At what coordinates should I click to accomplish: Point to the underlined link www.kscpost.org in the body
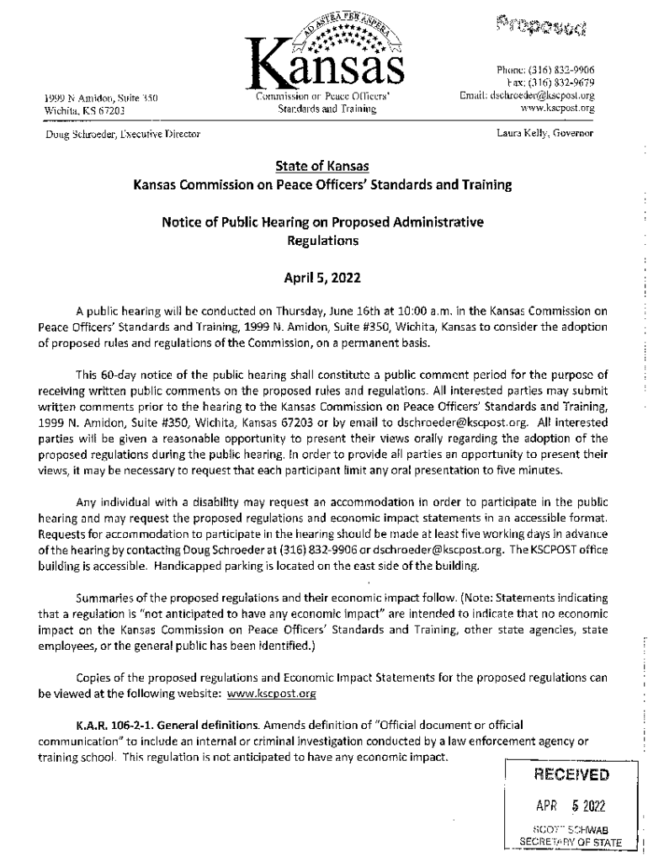(x=272, y=694)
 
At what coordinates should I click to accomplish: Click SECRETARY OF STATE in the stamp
(x=571, y=842)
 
